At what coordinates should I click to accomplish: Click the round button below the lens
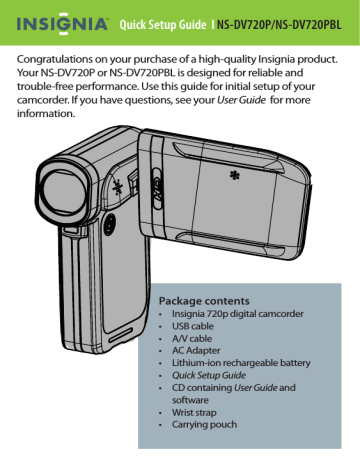[107, 226]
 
